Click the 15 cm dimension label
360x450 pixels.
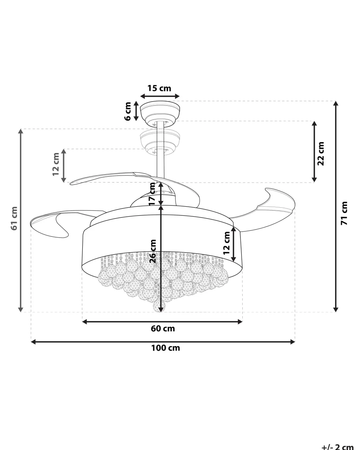159,88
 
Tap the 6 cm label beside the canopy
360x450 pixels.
128,111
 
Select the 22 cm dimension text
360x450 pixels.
321,153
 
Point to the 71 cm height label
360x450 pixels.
344,213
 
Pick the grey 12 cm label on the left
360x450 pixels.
56,164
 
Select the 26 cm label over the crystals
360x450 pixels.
153,251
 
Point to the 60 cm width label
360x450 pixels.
163,328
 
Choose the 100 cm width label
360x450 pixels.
165,348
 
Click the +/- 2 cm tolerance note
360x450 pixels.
337,447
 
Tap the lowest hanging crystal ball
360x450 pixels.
160,306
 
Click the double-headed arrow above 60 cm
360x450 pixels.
162,322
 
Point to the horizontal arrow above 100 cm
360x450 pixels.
163,342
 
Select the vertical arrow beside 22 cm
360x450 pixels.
314,152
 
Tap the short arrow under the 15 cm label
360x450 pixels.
160,96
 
